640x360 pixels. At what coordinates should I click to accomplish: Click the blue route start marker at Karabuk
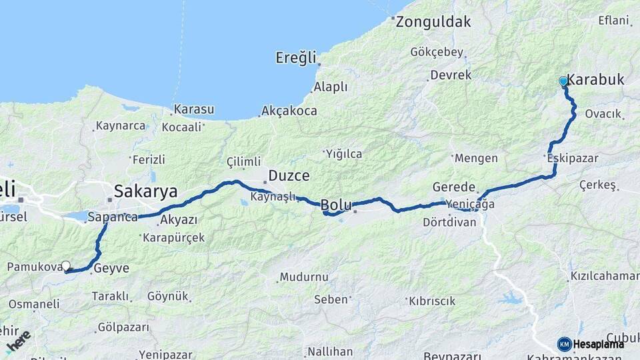click(563, 81)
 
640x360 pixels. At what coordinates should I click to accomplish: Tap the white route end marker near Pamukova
click(66, 265)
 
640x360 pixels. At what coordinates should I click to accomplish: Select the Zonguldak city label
click(433, 21)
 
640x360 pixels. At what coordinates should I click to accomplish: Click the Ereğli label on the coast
click(295, 58)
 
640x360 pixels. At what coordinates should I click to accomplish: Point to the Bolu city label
click(336, 205)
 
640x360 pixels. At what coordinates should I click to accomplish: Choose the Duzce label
click(289, 176)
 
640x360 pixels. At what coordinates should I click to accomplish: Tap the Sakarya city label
click(145, 192)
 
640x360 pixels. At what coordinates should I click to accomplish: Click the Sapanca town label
click(112, 217)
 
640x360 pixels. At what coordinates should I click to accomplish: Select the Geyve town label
click(111, 269)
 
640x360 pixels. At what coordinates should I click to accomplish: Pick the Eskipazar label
click(572, 159)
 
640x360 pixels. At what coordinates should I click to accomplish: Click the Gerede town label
click(454, 187)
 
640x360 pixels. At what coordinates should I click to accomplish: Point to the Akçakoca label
click(289, 111)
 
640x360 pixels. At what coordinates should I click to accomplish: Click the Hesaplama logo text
click(599, 344)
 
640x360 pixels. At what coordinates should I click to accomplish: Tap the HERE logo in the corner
click(18, 341)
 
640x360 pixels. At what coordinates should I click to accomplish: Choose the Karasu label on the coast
click(193, 109)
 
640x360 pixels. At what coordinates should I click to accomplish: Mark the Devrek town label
click(451, 75)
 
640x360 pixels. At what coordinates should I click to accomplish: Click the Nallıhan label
click(329, 351)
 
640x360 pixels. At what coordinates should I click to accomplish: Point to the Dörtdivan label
click(450, 222)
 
